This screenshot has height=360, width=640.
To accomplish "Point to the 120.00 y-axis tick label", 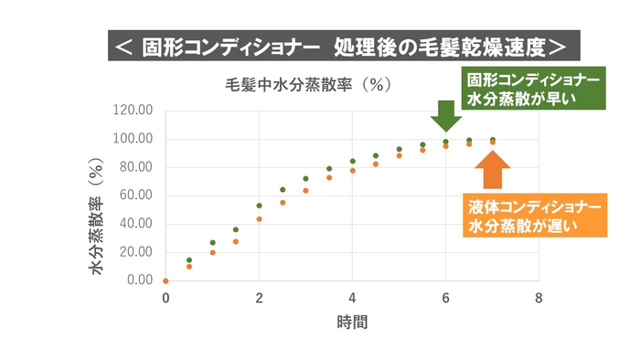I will [131, 111].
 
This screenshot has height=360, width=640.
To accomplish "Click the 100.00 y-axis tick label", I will [131, 139].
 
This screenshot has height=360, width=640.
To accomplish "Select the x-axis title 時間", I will [352, 322].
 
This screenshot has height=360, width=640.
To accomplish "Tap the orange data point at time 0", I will [165, 281].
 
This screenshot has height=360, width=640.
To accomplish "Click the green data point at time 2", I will [259, 206].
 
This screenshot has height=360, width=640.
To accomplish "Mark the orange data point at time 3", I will [305, 190].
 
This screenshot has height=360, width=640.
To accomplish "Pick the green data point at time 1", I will [212, 243].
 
